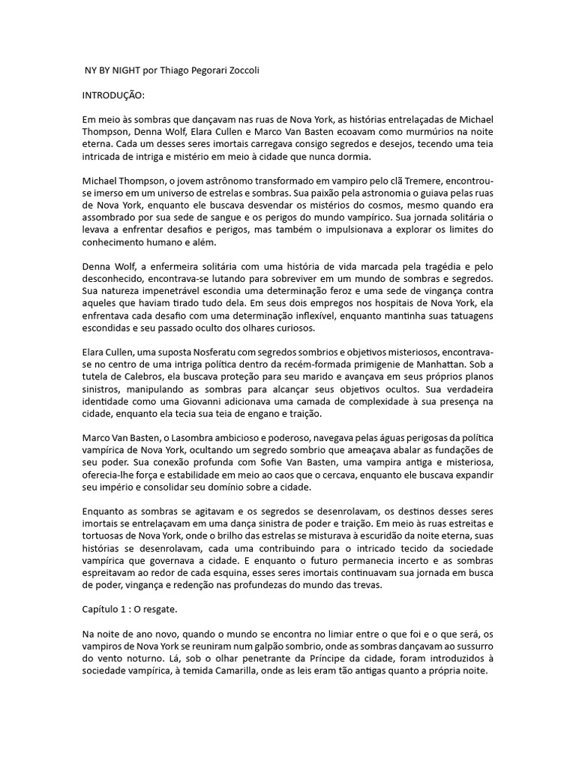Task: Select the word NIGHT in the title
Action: [130, 70]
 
